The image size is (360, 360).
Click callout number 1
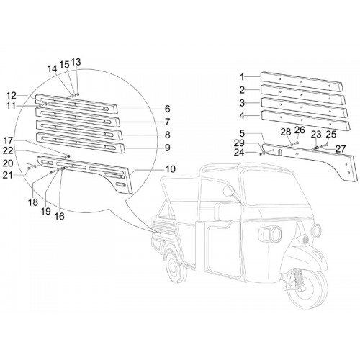point(242,77)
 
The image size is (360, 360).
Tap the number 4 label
point(242,116)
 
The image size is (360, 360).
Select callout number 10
point(170,169)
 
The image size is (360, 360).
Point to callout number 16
point(60,216)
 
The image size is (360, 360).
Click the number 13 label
point(76,62)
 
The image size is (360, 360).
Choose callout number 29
point(239,143)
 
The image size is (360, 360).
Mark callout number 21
point(7,175)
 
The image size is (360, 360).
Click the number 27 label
point(340,149)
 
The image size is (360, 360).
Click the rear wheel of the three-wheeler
point(176,269)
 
